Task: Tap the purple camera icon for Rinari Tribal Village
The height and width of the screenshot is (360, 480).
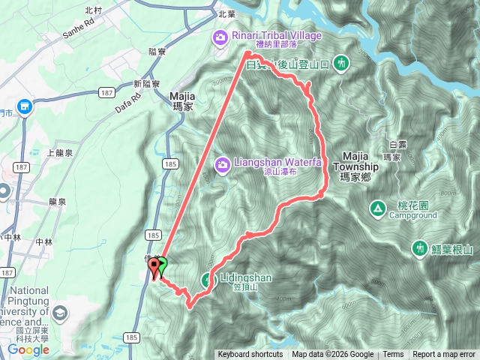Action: [x=220, y=36]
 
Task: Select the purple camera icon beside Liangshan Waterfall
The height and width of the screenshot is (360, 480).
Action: [x=222, y=164]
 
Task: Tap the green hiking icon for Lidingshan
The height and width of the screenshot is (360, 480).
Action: [x=208, y=280]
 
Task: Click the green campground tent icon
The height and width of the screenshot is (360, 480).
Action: [x=377, y=208]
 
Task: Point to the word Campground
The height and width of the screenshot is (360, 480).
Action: [x=412, y=215]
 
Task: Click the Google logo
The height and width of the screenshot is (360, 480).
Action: [x=28, y=349]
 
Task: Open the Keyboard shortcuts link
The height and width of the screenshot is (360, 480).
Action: [x=250, y=355]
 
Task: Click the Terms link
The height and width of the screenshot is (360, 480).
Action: [x=393, y=355]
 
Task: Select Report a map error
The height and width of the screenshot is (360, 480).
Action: [x=444, y=355]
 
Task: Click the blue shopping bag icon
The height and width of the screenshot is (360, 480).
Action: [x=25, y=108]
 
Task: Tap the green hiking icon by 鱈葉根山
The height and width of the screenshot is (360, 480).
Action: [x=421, y=248]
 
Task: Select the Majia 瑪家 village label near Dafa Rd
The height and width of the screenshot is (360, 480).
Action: [x=183, y=101]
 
